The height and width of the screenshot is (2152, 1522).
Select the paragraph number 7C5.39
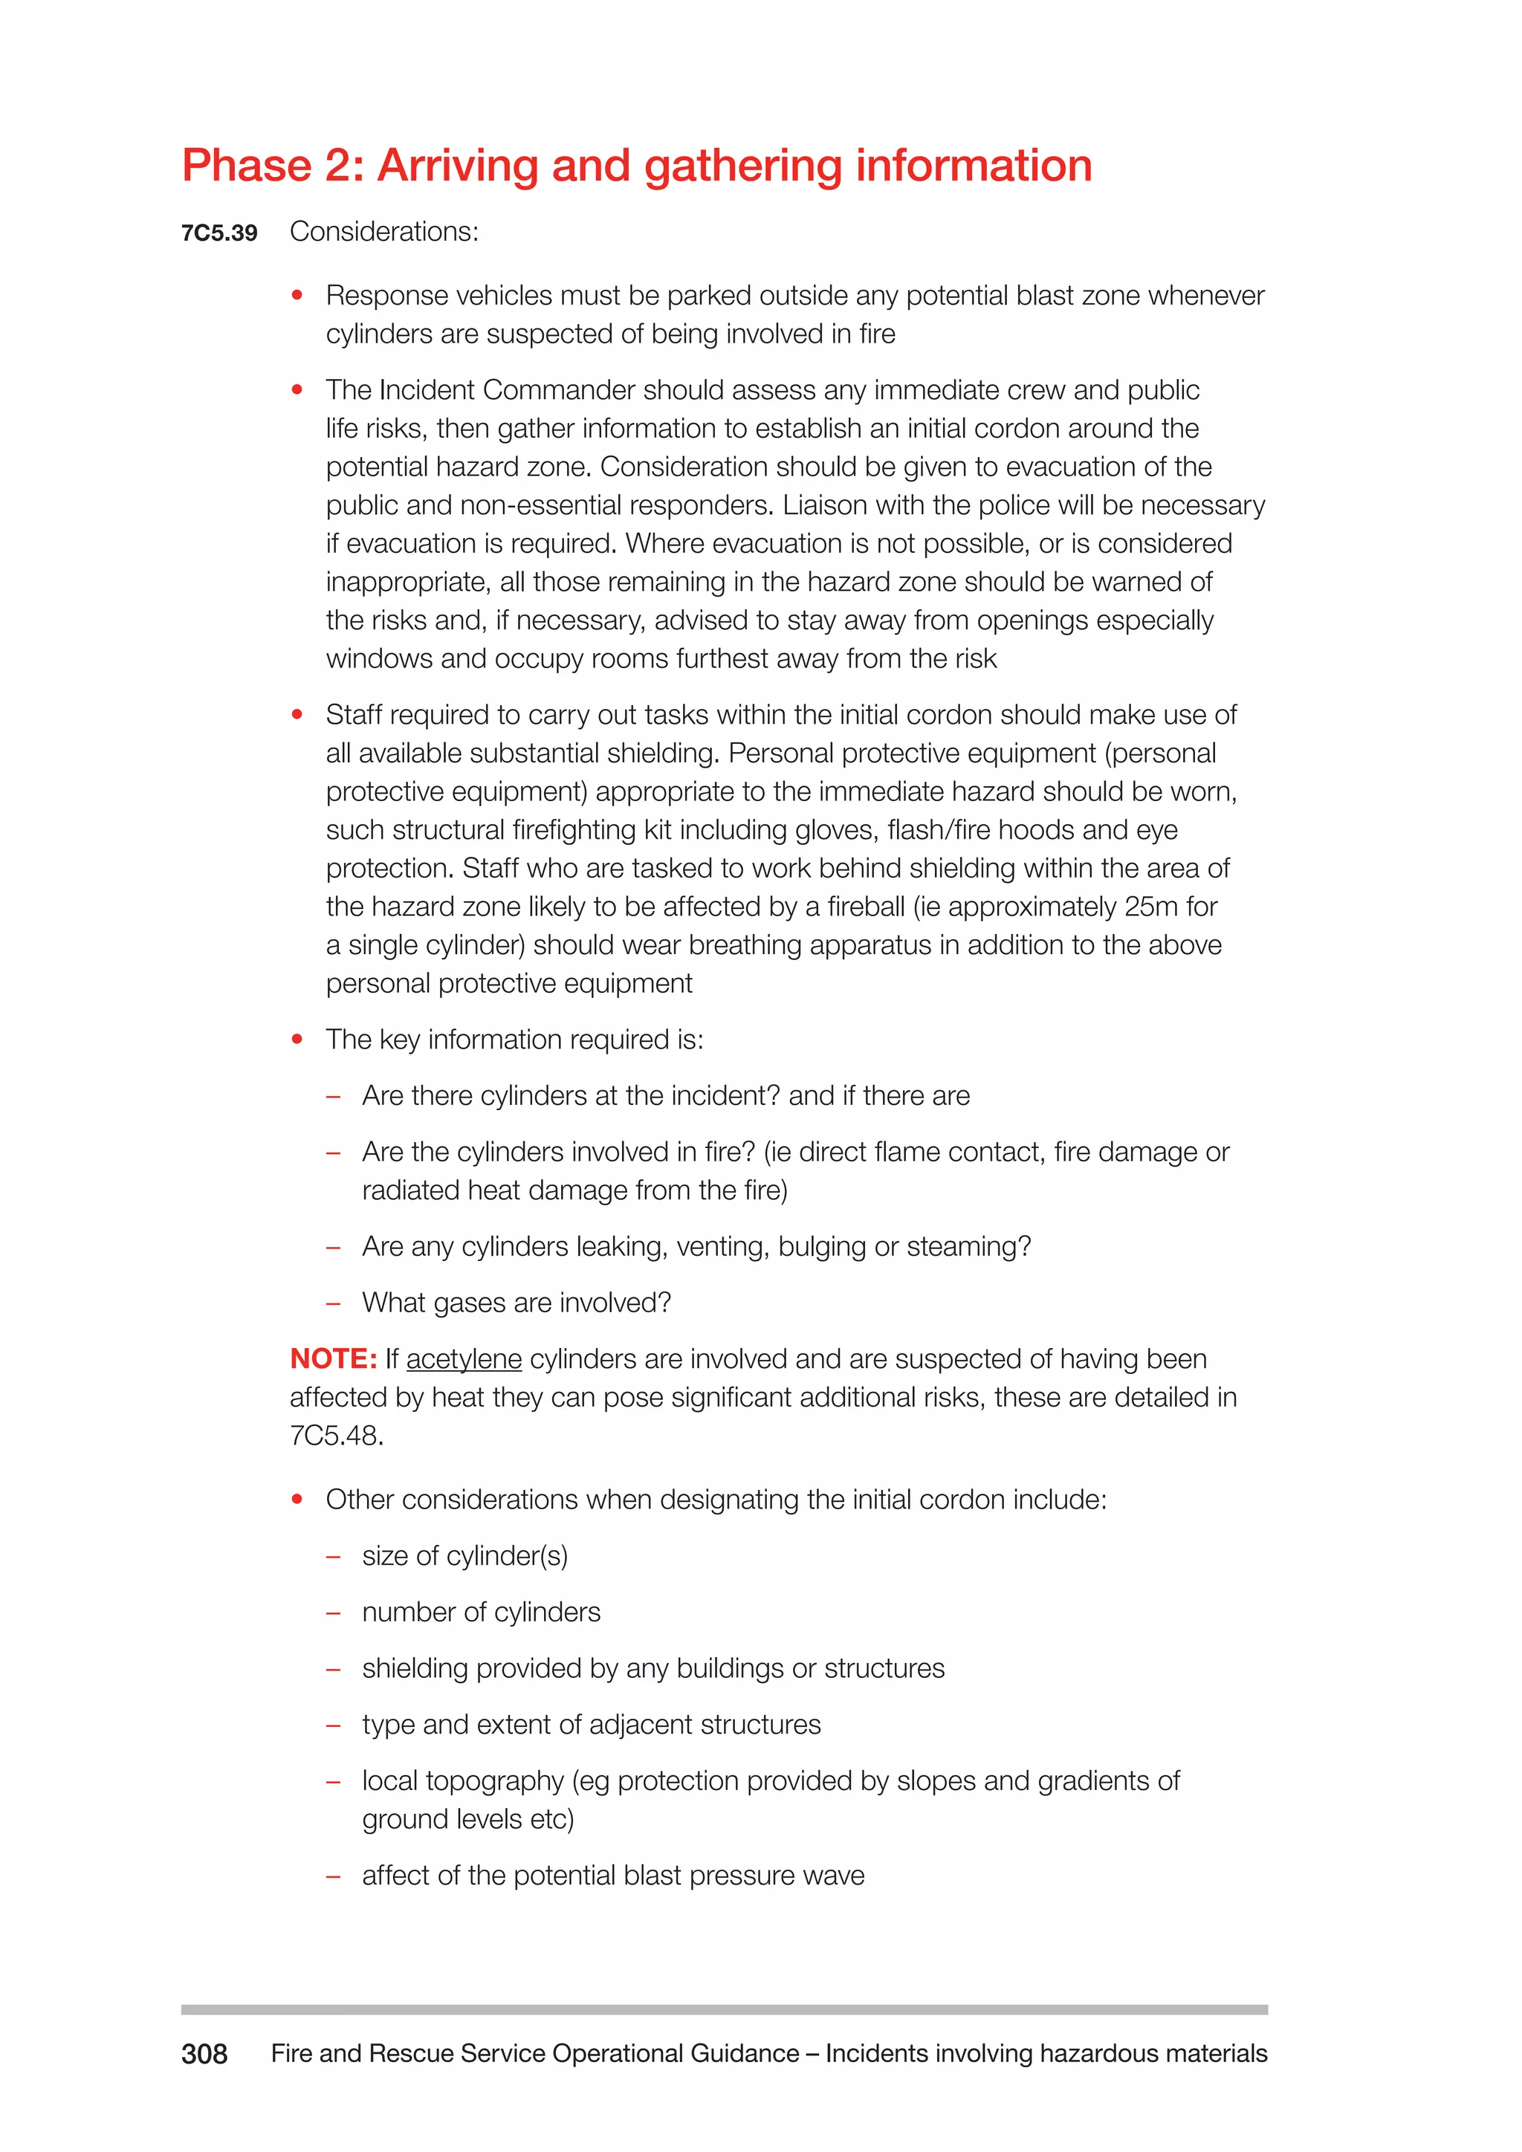(219, 233)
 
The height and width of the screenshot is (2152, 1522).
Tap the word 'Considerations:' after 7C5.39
(384, 232)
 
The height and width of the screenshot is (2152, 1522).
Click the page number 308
(204, 2054)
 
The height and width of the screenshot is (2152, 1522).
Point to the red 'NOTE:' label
(334, 1359)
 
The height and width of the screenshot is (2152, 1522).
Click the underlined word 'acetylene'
(464, 1359)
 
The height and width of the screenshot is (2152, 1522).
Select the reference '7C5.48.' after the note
(337, 1436)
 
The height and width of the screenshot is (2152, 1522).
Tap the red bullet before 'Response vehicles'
(297, 295)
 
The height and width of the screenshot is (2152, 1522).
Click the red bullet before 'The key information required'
(297, 1040)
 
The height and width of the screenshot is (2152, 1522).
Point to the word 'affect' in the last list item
(396, 1876)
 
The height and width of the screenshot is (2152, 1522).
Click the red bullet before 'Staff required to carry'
(297, 715)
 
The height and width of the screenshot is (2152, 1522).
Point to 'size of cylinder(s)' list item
(464, 1556)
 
